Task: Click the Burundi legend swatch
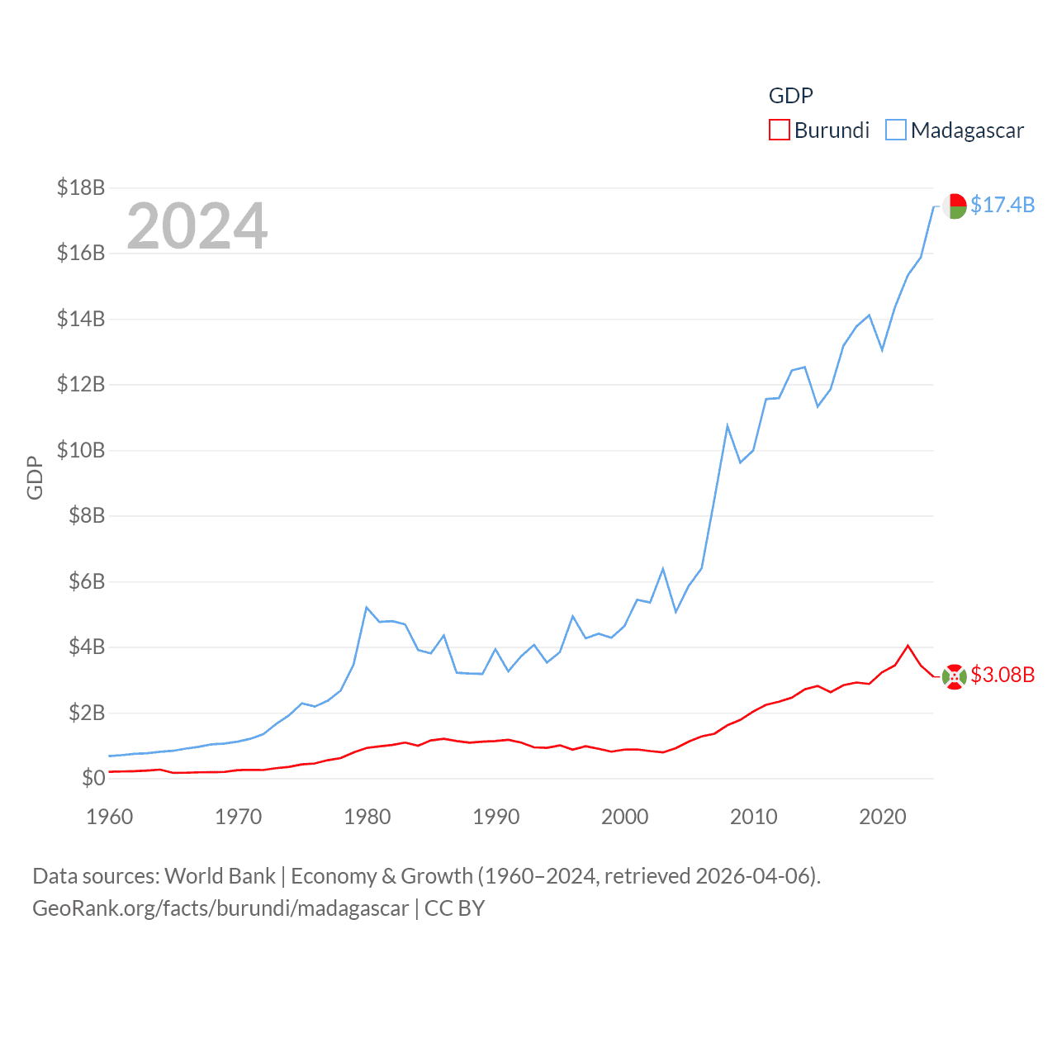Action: pyautogui.click(x=779, y=130)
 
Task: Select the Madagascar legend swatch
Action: pyautogui.click(x=895, y=130)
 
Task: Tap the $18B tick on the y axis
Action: pyautogui.click(x=81, y=187)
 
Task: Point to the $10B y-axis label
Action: pyautogui.click(x=81, y=450)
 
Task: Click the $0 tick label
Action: pyautogui.click(x=93, y=778)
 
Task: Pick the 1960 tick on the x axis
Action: pyautogui.click(x=110, y=817)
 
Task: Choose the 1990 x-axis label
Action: pyautogui.click(x=496, y=817)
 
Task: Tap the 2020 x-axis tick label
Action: pyautogui.click(x=883, y=817)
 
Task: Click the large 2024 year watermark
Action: pyautogui.click(x=197, y=225)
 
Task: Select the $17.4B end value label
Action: pyautogui.click(x=1002, y=205)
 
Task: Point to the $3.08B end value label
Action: pyautogui.click(x=1002, y=675)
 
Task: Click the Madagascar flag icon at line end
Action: pyautogui.click(x=955, y=206)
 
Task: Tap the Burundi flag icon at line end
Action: pyautogui.click(x=955, y=676)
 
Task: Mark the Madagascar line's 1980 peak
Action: pyautogui.click(x=367, y=608)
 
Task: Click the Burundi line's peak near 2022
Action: pyautogui.click(x=908, y=646)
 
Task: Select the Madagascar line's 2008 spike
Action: pyautogui.click(x=728, y=426)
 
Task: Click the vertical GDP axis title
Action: pyautogui.click(x=35, y=477)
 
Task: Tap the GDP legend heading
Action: pyautogui.click(x=790, y=96)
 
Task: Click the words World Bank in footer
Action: pyautogui.click(x=220, y=875)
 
